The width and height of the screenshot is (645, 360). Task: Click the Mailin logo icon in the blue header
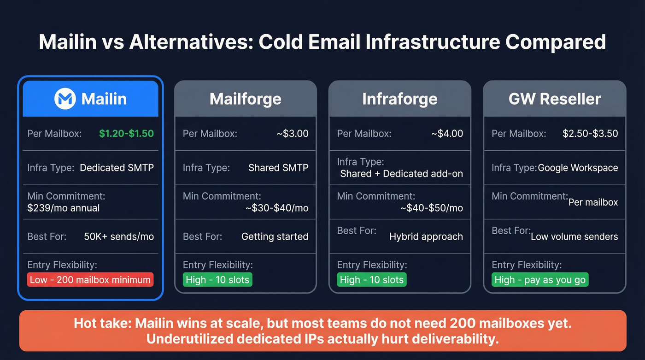[x=65, y=99]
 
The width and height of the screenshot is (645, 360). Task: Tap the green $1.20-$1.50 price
[x=126, y=134]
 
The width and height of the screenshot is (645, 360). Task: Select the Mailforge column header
[x=245, y=99]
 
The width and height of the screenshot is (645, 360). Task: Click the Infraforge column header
[x=399, y=99]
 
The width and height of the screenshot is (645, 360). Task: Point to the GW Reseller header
[x=554, y=99]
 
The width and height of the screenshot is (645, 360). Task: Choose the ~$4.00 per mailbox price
[x=447, y=134]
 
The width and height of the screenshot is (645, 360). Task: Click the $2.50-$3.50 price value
[x=590, y=134]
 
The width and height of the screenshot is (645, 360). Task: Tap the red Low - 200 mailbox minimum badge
[x=90, y=280]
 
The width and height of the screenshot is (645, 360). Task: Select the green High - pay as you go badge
[x=540, y=280]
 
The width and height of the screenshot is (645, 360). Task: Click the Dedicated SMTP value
[x=117, y=168]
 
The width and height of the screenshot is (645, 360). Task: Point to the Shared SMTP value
[x=278, y=168]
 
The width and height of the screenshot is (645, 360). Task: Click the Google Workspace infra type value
[x=578, y=168]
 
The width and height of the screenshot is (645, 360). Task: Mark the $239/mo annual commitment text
[x=64, y=208]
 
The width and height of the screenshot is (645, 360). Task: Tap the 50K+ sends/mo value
[x=119, y=236]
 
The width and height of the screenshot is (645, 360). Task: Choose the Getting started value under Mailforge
[x=275, y=236]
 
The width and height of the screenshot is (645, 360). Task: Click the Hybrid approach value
[x=426, y=236]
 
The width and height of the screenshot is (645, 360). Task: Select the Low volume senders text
[x=574, y=236]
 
